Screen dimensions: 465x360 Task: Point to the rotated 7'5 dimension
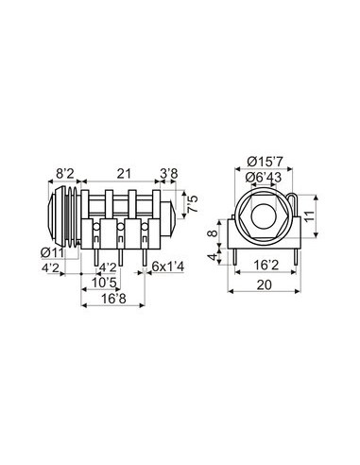193,205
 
